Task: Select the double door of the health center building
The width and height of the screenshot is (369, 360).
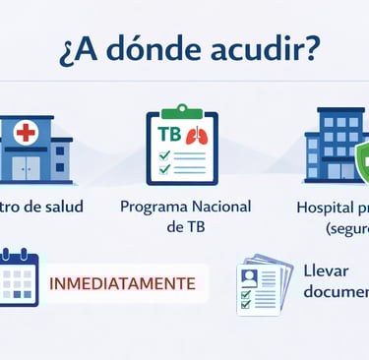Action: click(26, 167)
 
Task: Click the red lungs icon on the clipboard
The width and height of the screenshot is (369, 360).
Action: click(196, 134)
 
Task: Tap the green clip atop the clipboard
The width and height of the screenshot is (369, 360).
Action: click(181, 110)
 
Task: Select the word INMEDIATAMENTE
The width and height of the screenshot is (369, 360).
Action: click(122, 283)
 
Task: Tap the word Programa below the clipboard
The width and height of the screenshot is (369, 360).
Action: click(154, 208)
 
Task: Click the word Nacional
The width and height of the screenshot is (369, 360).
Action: click(222, 208)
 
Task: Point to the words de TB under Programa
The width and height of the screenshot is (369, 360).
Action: click(185, 228)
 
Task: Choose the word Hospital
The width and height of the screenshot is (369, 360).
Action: click(326, 208)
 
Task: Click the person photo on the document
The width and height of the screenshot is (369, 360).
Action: click(250, 276)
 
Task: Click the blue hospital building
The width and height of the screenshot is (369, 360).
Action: click(333, 146)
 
